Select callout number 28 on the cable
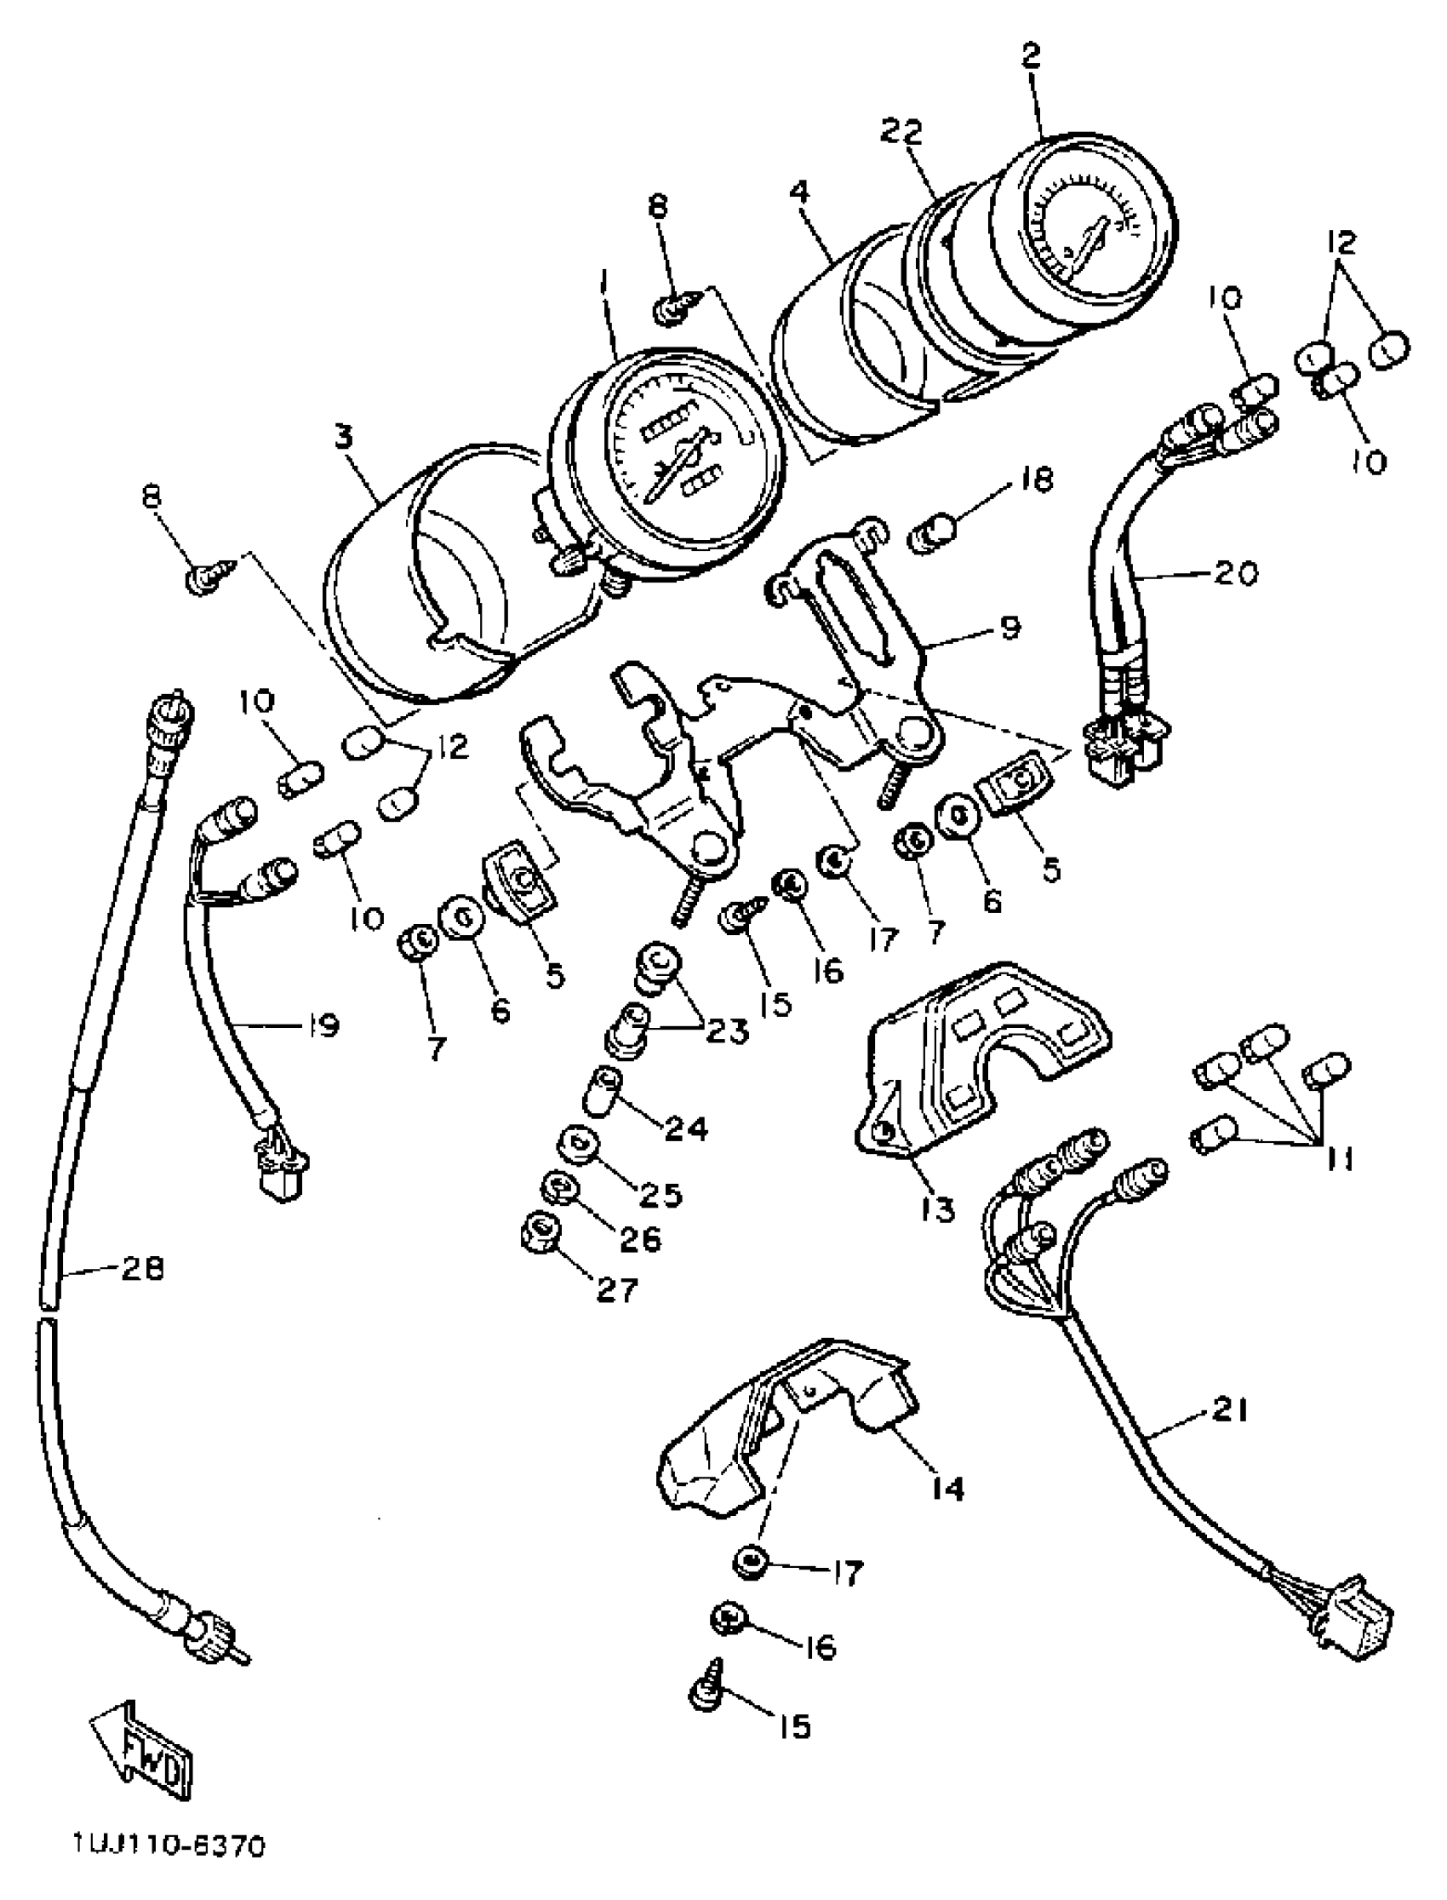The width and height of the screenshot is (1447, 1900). click(143, 1268)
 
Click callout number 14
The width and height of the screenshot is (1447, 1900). click(947, 1488)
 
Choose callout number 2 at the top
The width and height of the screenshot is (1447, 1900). click(1031, 56)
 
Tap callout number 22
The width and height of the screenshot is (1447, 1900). click(901, 131)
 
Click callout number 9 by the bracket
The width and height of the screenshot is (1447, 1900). click(1009, 627)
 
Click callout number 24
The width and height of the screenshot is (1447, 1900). click(685, 1128)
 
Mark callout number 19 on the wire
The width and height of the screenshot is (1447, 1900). click(320, 1025)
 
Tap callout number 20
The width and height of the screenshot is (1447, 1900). click(1236, 571)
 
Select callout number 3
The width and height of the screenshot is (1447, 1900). click(344, 438)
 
